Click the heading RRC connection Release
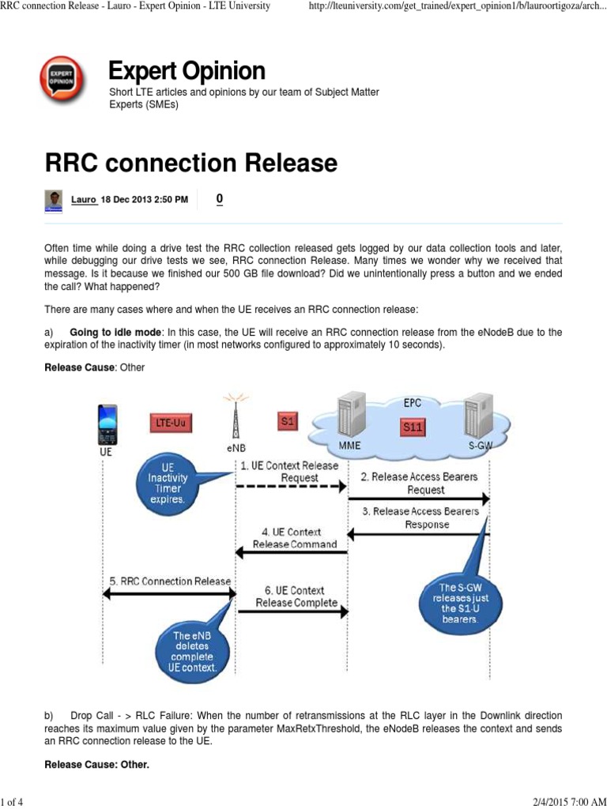pos(190,164)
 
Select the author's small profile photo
pos(54,201)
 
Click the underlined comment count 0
pos(220,200)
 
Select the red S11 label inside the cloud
pos(413,427)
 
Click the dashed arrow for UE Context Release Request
pos(292,491)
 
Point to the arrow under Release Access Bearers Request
pos(418,499)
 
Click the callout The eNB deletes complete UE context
pos(193,650)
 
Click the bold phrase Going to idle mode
pos(119,333)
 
